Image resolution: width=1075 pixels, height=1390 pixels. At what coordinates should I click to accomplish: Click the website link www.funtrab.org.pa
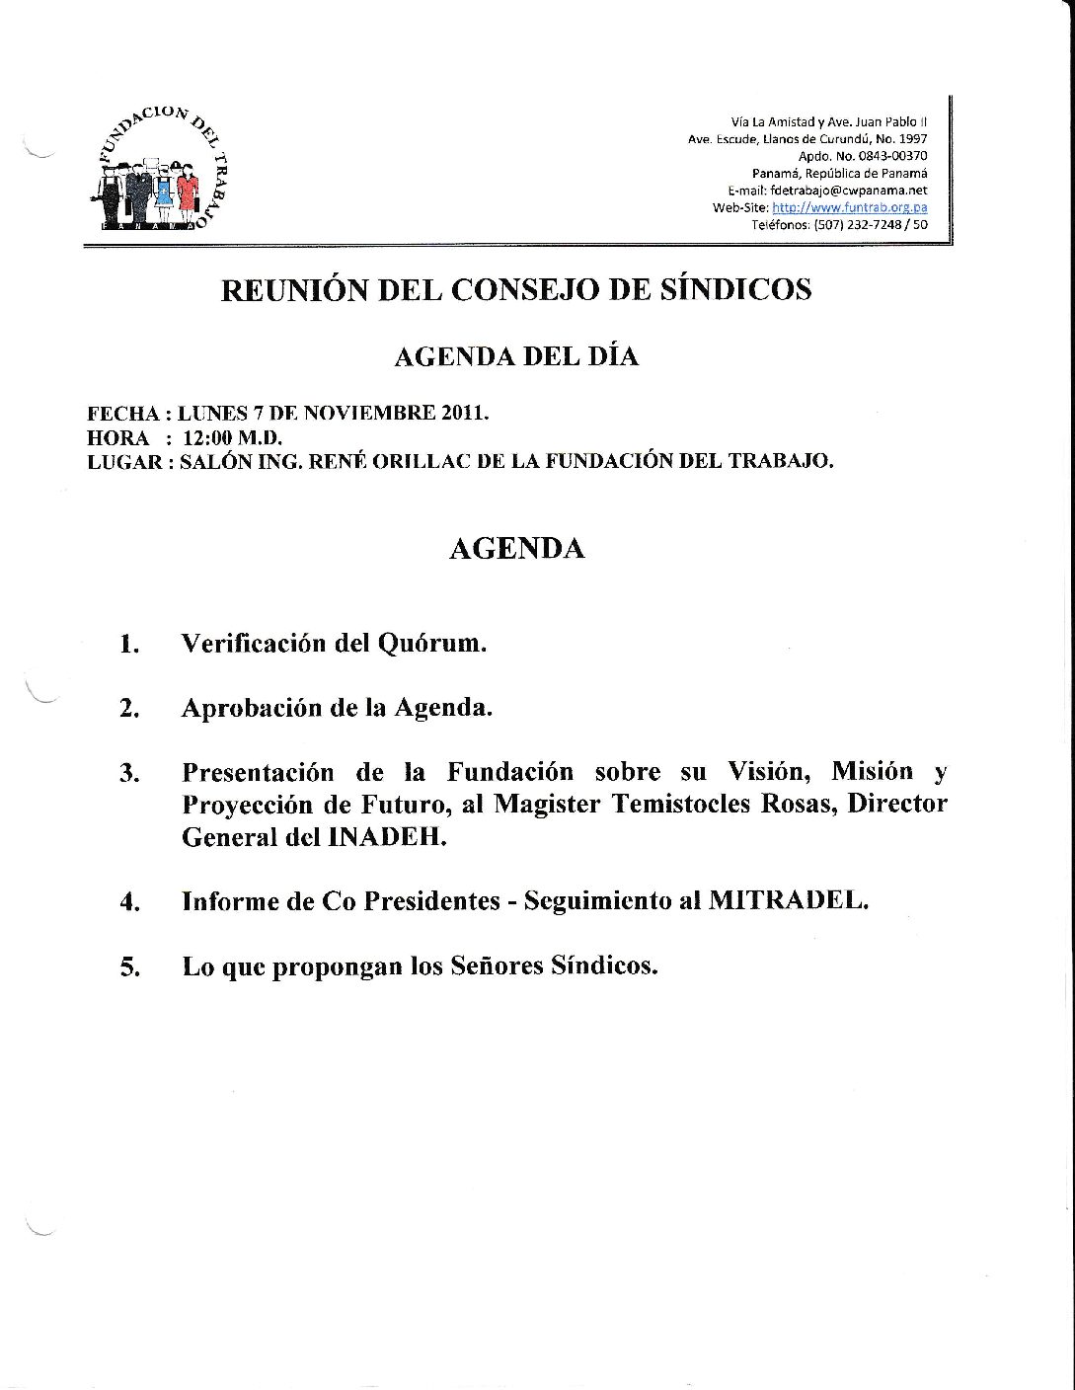850,208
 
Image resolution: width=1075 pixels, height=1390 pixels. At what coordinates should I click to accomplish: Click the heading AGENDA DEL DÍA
515,356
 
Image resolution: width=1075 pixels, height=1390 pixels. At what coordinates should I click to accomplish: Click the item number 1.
129,646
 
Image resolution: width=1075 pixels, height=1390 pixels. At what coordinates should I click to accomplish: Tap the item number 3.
129,773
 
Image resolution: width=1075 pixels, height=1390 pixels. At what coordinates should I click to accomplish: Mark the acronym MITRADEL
788,901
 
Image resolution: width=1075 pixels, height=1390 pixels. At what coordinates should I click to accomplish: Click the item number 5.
129,967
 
